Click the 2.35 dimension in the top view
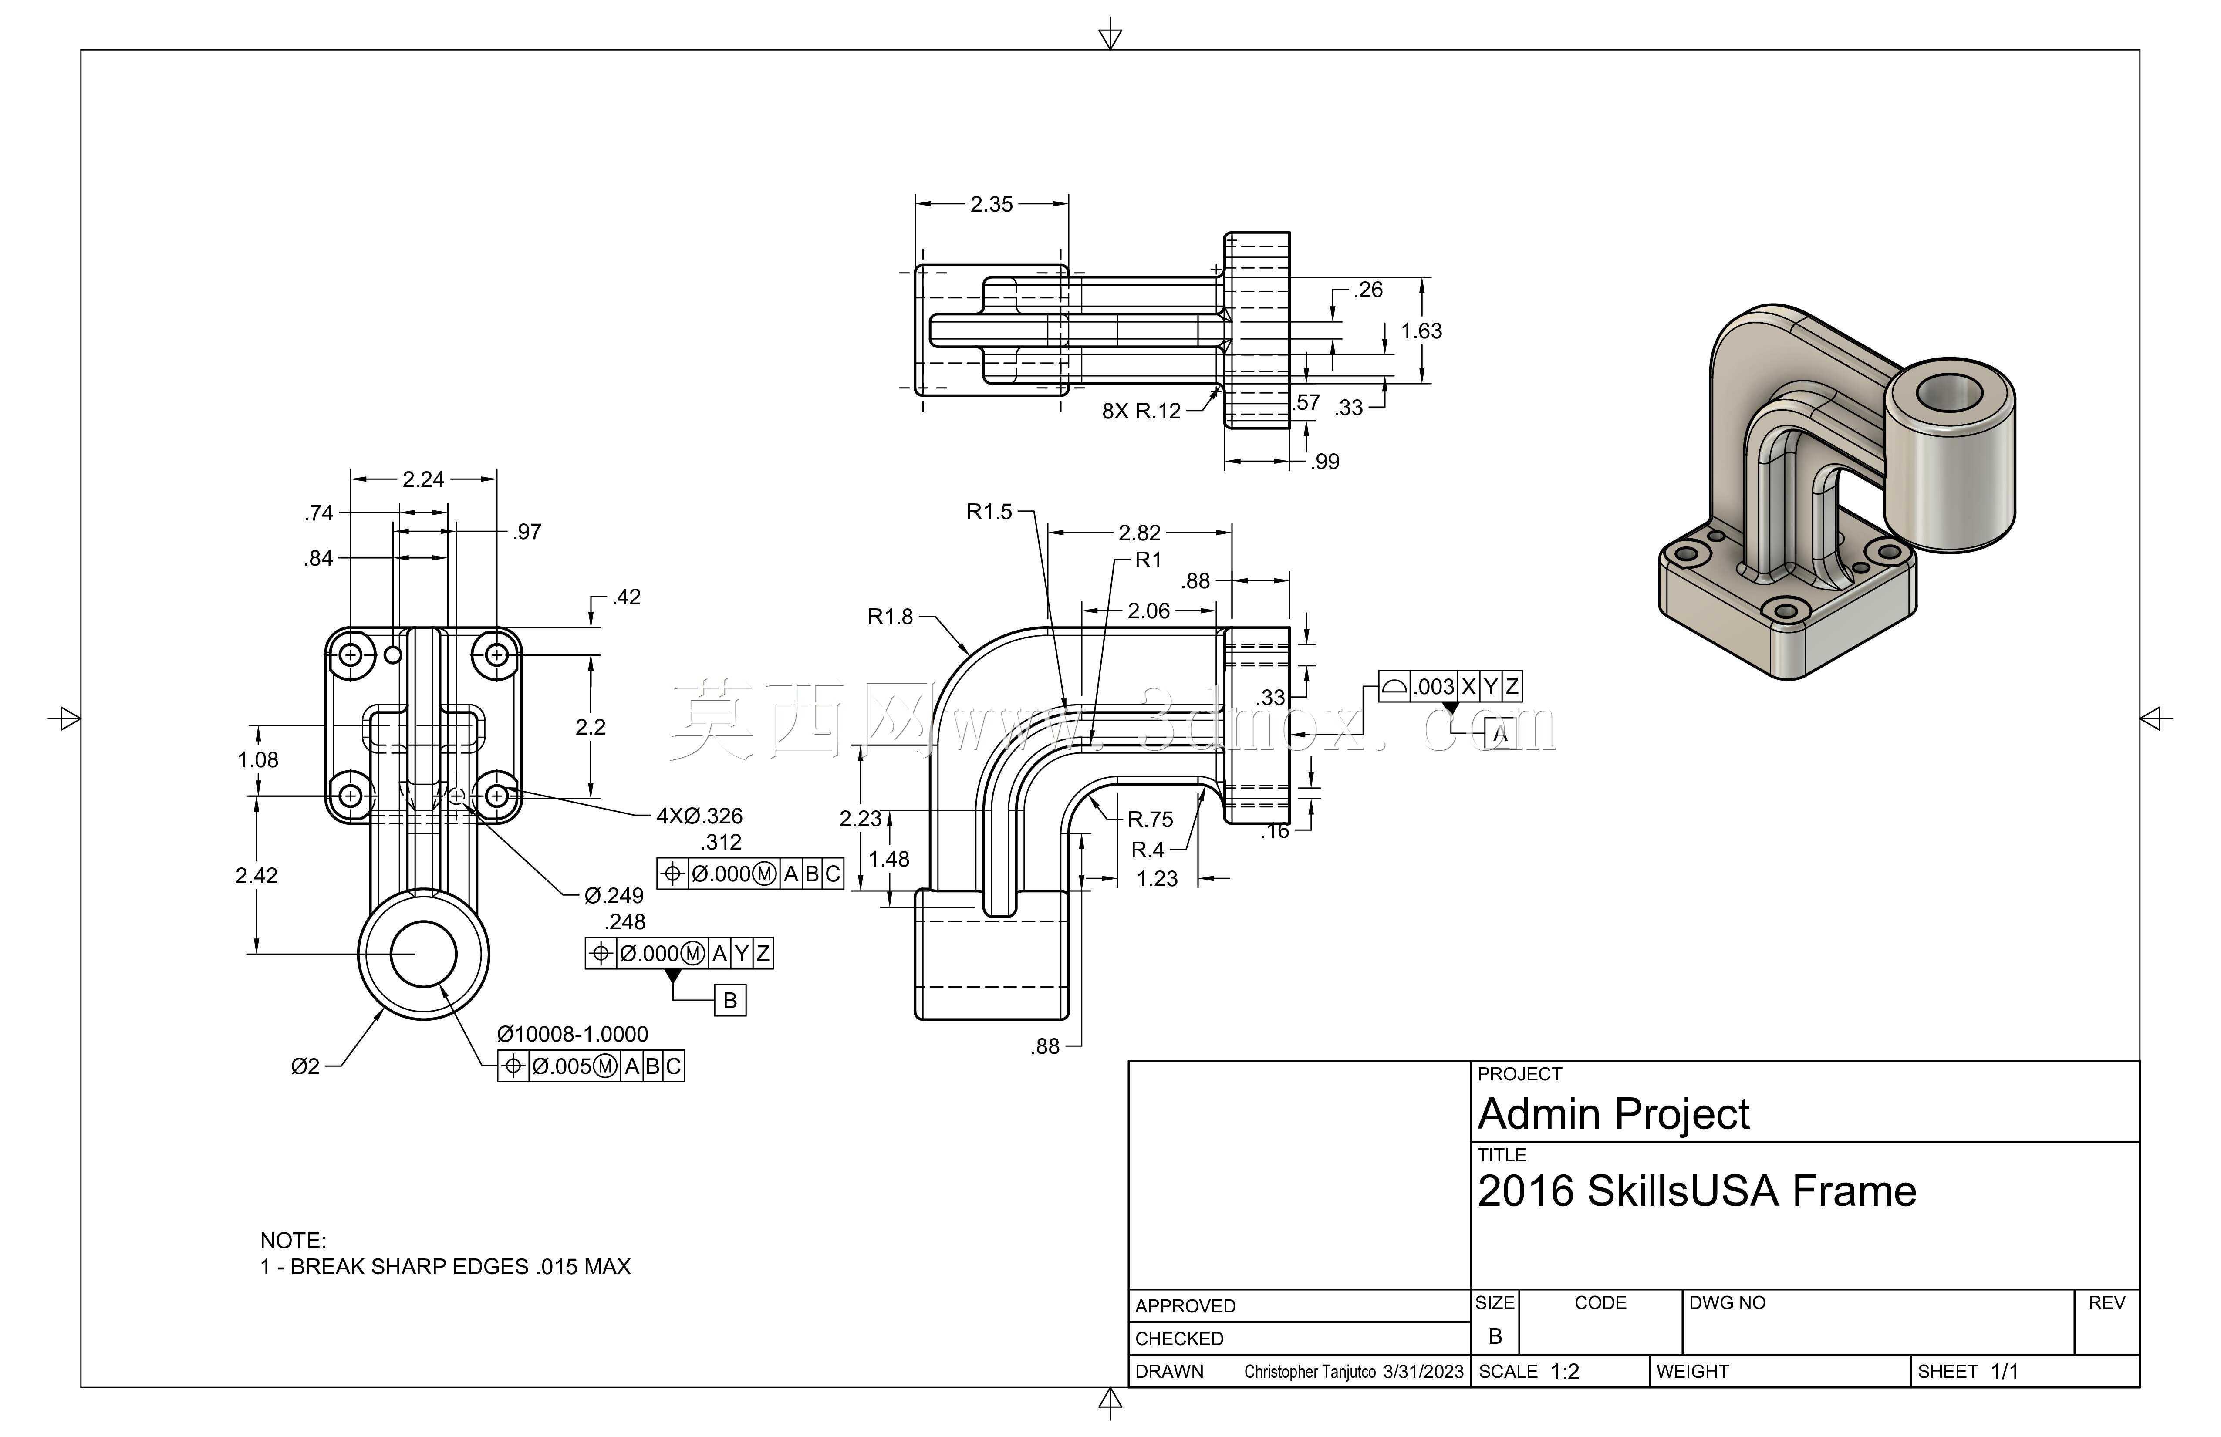991,204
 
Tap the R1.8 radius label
890,617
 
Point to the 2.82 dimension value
1139,533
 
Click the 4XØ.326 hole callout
699,816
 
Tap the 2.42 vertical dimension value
257,875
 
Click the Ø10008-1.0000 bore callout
572,1034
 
